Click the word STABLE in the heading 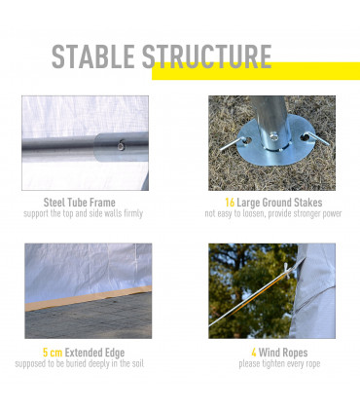[x=93, y=56]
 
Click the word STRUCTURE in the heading [x=207, y=56]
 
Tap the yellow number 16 [x=230, y=203]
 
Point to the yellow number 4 [x=254, y=353]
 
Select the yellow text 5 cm [x=53, y=353]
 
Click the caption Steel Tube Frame [x=80, y=203]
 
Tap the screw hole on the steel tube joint [x=122, y=145]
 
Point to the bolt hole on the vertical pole [x=274, y=135]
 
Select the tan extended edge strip [x=89, y=299]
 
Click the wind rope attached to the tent [x=252, y=297]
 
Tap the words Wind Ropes [x=283, y=353]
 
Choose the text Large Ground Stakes [x=279, y=203]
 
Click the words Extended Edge [x=94, y=353]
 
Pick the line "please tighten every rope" [x=279, y=363]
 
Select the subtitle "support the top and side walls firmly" [x=84, y=213]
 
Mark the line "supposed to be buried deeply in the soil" [x=80, y=363]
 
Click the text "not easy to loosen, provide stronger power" [x=273, y=213]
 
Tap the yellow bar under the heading [x=256, y=71]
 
